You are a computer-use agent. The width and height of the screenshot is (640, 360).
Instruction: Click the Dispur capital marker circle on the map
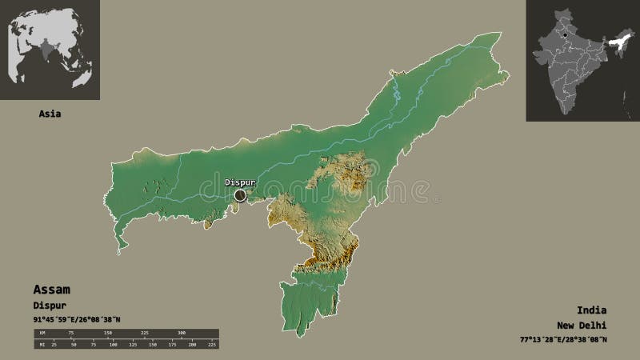(x=240, y=194)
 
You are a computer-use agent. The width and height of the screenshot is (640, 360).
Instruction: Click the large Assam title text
(x=51, y=289)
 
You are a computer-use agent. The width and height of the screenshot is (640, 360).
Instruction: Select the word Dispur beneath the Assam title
(x=49, y=305)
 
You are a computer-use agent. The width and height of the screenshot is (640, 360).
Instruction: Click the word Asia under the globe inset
(x=50, y=114)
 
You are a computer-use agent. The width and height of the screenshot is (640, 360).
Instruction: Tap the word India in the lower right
(x=590, y=310)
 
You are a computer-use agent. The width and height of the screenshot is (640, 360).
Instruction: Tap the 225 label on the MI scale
(x=212, y=345)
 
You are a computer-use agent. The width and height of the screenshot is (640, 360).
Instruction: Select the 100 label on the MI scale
(x=113, y=345)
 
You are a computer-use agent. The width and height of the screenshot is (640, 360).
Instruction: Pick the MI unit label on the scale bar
(x=41, y=345)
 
